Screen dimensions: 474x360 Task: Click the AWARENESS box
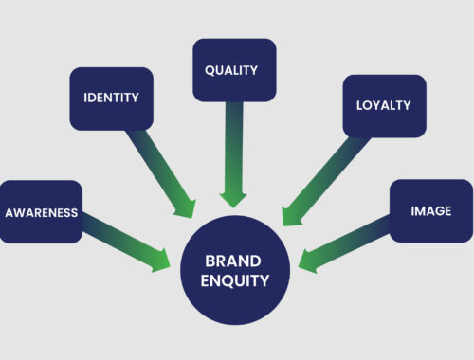pyautogui.click(x=41, y=211)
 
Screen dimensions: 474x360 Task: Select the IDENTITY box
pyautogui.click(x=111, y=99)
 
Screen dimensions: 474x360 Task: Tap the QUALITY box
pyautogui.click(x=234, y=69)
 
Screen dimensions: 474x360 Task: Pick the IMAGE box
pyautogui.click(x=430, y=211)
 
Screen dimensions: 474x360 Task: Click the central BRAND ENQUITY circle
pyautogui.click(x=234, y=269)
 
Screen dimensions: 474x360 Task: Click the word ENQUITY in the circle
pyautogui.click(x=234, y=280)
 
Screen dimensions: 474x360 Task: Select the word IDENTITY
pyautogui.click(x=111, y=99)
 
